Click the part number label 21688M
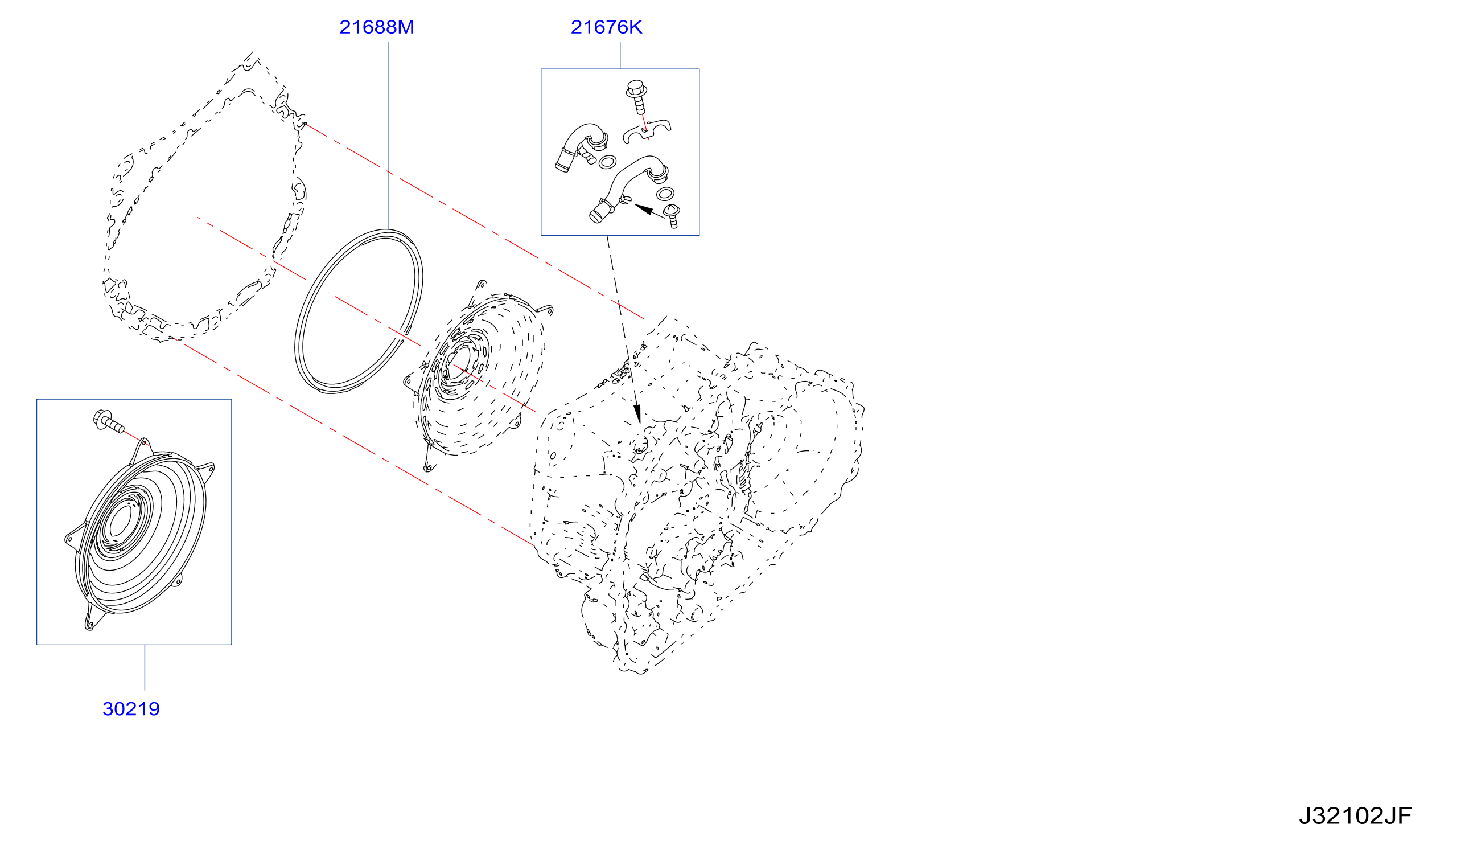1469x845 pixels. pos(376,27)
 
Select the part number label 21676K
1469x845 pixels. pos(606,27)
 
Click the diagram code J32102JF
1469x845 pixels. pos(1355,816)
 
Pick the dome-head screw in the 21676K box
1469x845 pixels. pos(672,215)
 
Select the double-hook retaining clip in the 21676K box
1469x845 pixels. pos(646,131)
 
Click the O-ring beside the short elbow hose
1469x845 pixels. pos(607,162)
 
